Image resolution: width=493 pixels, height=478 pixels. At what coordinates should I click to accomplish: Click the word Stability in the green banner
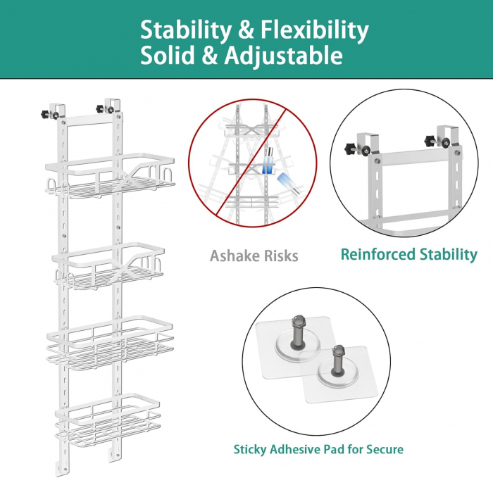[x=185, y=30]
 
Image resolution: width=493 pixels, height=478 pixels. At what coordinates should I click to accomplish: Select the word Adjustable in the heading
[x=283, y=56]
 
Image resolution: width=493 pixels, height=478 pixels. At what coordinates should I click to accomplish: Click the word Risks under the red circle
[x=281, y=256]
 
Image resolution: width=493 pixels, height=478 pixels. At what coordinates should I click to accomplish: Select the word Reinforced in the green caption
[x=377, y=254]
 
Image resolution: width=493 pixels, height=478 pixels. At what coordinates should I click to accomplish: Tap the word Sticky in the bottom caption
[x=249, y=449]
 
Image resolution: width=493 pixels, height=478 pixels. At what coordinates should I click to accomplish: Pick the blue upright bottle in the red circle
[x=268, y=161]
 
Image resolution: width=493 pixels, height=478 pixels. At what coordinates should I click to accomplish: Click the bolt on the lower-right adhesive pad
[x=337, y=360]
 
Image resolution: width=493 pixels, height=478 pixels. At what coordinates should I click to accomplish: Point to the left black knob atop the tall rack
[x=46, y=113]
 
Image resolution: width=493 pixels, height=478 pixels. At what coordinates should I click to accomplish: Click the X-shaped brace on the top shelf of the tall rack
[x=128, y=179]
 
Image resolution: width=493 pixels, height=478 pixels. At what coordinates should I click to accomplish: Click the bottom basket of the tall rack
[x=108, y=420]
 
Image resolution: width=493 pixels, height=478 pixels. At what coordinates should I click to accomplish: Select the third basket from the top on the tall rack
[x=110, y=343]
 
